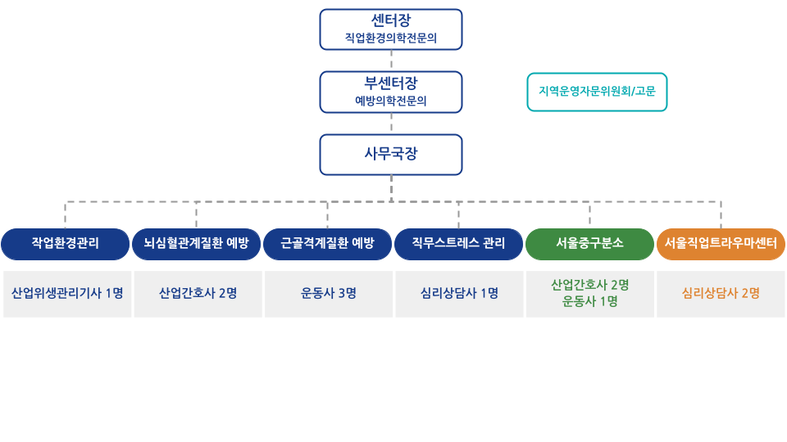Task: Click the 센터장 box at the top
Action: tap(391, 20)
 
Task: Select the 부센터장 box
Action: tap(391, 83)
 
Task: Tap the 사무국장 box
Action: tap(391, 155)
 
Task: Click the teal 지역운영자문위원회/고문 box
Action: tap(597, 92)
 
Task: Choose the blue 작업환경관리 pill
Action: tap(66, 243)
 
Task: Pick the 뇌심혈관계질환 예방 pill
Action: tap(197, 243)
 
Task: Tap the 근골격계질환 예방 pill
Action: tap(328, 243)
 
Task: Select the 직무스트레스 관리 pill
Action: tap(459, 243)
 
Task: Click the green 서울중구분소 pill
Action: tap(590, 243)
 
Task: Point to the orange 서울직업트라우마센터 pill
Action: tap(721, 243)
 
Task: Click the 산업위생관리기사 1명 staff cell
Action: tap(67, 293)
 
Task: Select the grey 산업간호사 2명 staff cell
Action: tap(198, 293)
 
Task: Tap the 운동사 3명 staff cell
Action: tap(328, 293)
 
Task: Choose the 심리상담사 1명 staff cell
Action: tap(459, 293)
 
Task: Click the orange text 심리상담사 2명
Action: tap(721, 293)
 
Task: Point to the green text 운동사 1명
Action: tap(590, 301)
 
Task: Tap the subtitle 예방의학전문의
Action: tap(391, 101)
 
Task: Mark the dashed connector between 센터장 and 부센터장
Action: tap(392, 61)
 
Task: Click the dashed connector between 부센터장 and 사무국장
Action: tap(392, 123)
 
